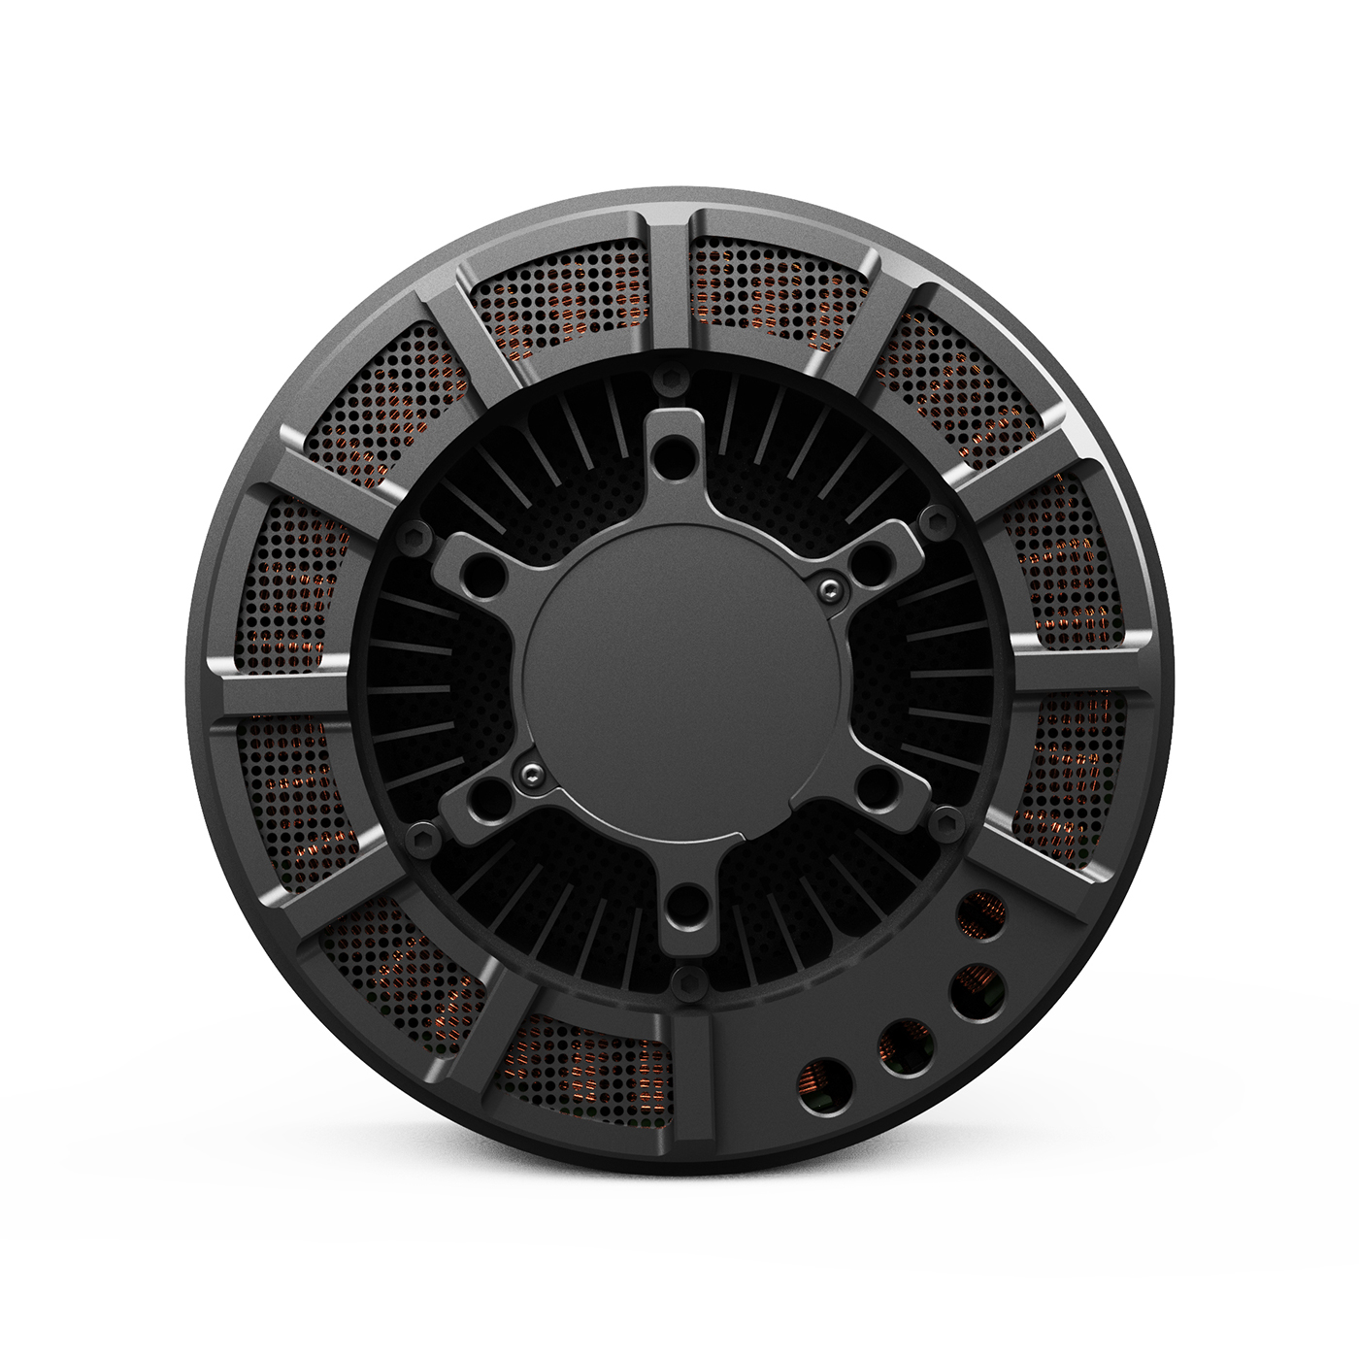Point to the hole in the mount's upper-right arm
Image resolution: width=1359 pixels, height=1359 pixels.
[873, 560]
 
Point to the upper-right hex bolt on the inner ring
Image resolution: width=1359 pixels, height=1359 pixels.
[937, 523]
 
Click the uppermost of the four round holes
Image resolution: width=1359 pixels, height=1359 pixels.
[981, 914]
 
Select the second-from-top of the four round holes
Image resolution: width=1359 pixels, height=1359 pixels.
[978, 992]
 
